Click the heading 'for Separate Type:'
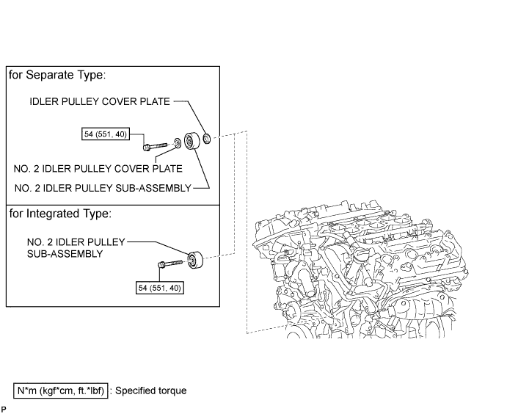coord(57,75)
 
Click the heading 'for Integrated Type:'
coord(60,214)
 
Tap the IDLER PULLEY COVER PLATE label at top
coord(100,101)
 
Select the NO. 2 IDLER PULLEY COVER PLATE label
coord(98,169)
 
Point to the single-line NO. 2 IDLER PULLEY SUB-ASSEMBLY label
coord(103,188)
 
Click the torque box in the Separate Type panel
coord(106,134)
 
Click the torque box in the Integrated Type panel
coord(160,288)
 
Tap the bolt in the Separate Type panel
coord(155,147)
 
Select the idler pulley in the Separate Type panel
coord(191,141)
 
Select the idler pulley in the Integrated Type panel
coord(195,259)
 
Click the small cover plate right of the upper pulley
coord(207,139)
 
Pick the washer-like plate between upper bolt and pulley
coord(178,142)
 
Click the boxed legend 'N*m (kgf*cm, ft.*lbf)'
coord(60,391)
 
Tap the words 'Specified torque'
coord(151,391)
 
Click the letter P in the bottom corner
coord(4,410)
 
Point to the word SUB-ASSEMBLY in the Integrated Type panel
coord(65,254)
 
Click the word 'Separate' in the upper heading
coord(50,75)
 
